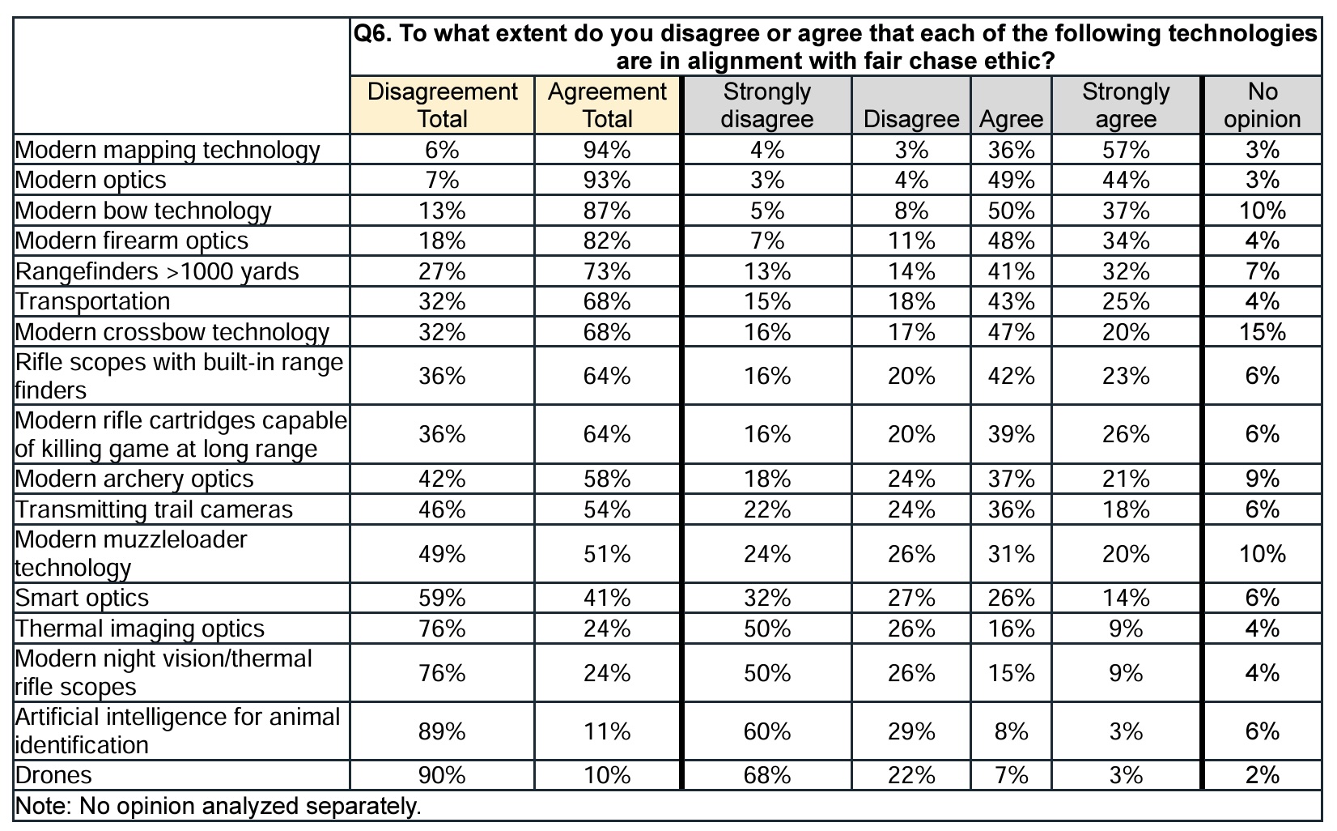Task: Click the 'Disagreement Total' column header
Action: pos(442,105)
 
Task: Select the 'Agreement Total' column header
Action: pos(607,105)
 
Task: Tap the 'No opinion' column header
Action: pos(1262,105)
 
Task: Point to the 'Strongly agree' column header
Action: pos(1126,105)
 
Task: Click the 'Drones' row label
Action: pos(53,775)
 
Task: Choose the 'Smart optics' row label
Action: pos(83,598)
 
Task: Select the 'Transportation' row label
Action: pos(93,301)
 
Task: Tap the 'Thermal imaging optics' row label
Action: pos(140,629)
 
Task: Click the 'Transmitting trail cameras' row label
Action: pos(154,509)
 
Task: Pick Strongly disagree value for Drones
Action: pos(766,775)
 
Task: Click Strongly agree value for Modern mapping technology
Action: pos(1126,150)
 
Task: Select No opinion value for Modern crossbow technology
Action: pos(1262,332)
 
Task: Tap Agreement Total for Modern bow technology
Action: pos(607,211)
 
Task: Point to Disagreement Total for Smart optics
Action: pos(442,598)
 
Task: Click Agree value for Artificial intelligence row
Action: pos(1011,731)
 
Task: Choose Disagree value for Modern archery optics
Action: pos(911,479)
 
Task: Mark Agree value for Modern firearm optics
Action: pos(1011,241)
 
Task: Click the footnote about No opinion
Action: pos(219,807)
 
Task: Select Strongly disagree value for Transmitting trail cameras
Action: pos(766,509)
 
